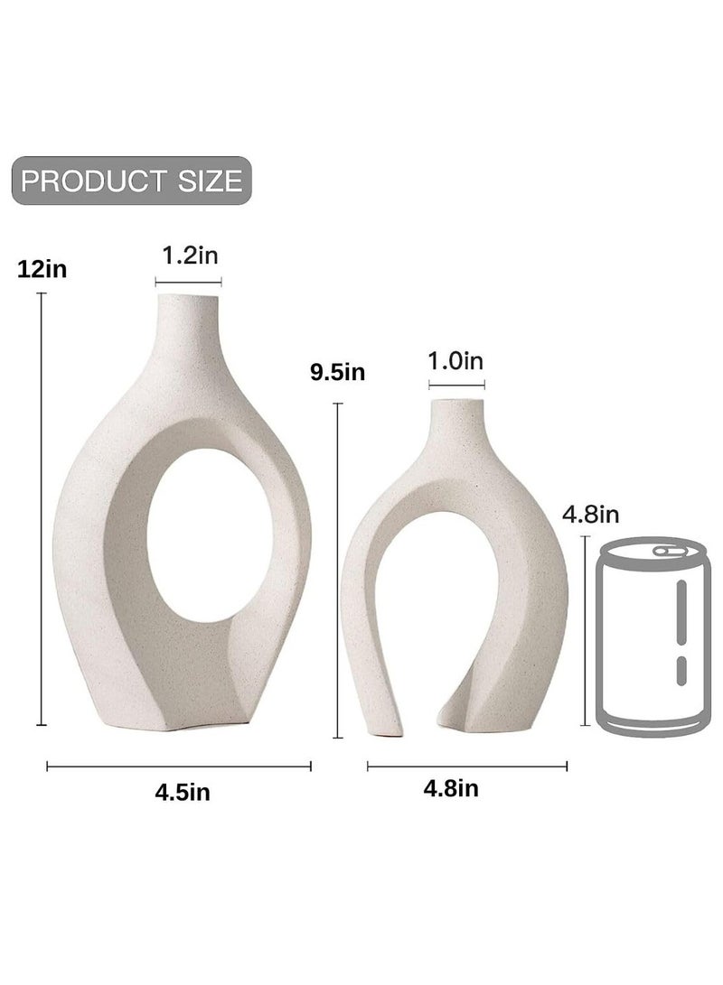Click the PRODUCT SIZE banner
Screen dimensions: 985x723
pyautogui.click(x=131, y=180)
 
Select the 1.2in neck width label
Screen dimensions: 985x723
pyautogui.click(x=190, y=256)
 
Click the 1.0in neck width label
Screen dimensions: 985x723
pyautogui.click(x=455, y=361)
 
